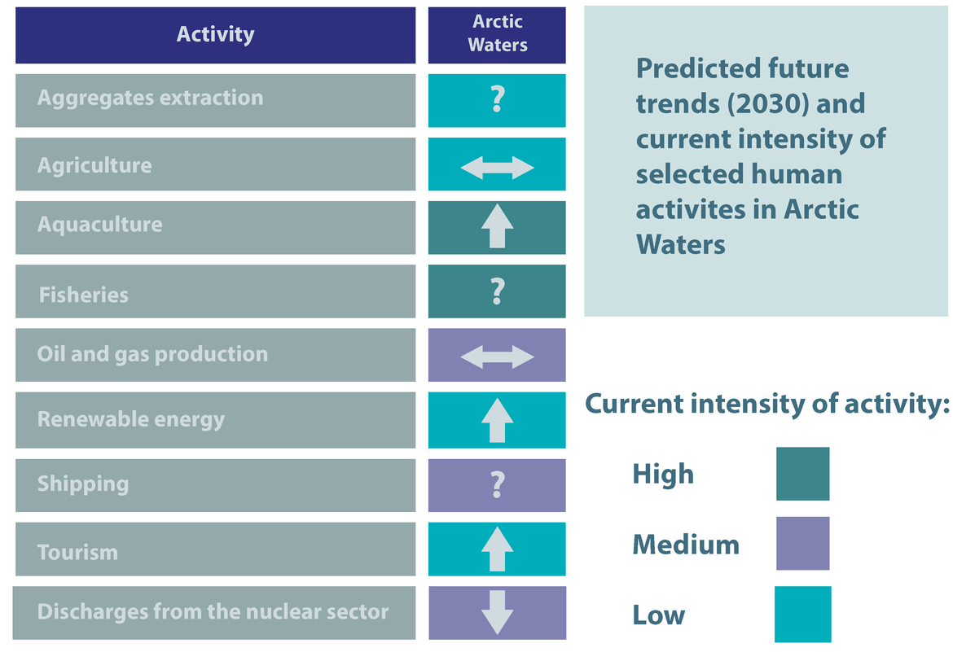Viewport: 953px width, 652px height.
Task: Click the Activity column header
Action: pyautogui.click(x=215, y=35)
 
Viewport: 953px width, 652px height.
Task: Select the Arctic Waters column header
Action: pyautogui.click(x=497, y=34)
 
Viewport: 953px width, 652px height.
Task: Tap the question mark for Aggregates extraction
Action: pyautogui.click(x=497, y=99)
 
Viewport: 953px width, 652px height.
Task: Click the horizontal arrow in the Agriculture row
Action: pyautogui.click(x=497, y=168)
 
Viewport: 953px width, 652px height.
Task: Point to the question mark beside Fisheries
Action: pyautogui.click(x=497, y=291)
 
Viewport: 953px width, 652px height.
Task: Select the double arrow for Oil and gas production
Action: pyautogui.click(x=497, y=357)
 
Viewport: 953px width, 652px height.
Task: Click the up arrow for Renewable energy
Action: pyautogui.click(x=497, y=421)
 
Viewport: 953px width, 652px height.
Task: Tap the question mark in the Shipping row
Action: pyautogui.click(x=497, y=485)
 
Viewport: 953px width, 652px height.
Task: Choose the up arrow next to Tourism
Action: pyautogui.click(x=497, y=549)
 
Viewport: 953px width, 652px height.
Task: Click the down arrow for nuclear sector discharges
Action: pyautogui.click(x=497, y=612)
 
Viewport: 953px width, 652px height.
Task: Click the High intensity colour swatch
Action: pyautogui.click(x=802, y=474)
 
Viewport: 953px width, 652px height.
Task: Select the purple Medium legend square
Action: pyautogui.click(x=802, y=543)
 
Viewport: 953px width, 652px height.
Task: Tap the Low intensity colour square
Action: pyautogui.click(x=802, y=614)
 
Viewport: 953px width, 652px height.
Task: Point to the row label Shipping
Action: pyautogui.click(x=83, y=484)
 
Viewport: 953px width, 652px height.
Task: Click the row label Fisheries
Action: pyautogui.click(x=84, y=295)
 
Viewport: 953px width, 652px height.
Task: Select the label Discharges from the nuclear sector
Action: pyautogui.click(x=213, y=611)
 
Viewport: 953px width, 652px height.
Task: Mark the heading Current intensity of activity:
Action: pyautogui.click(x=766, y=405)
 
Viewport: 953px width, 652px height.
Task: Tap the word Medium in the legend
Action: pyautogui.click(x=686, y=545)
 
